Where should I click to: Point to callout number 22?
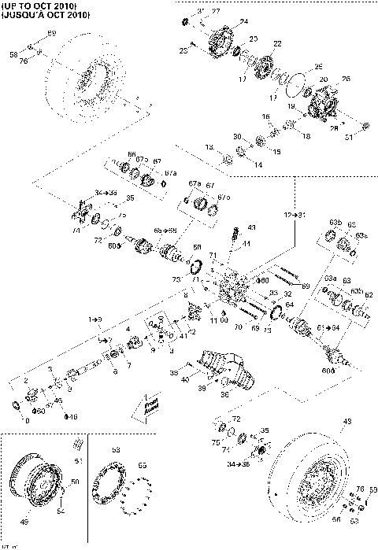[x=277, y=43]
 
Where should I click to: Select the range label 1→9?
[x=95, y=319]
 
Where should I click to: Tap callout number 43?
[x=251, y=227]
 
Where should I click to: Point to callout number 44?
[x=246, y=244]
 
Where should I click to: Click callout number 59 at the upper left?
[x=52, y=32]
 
